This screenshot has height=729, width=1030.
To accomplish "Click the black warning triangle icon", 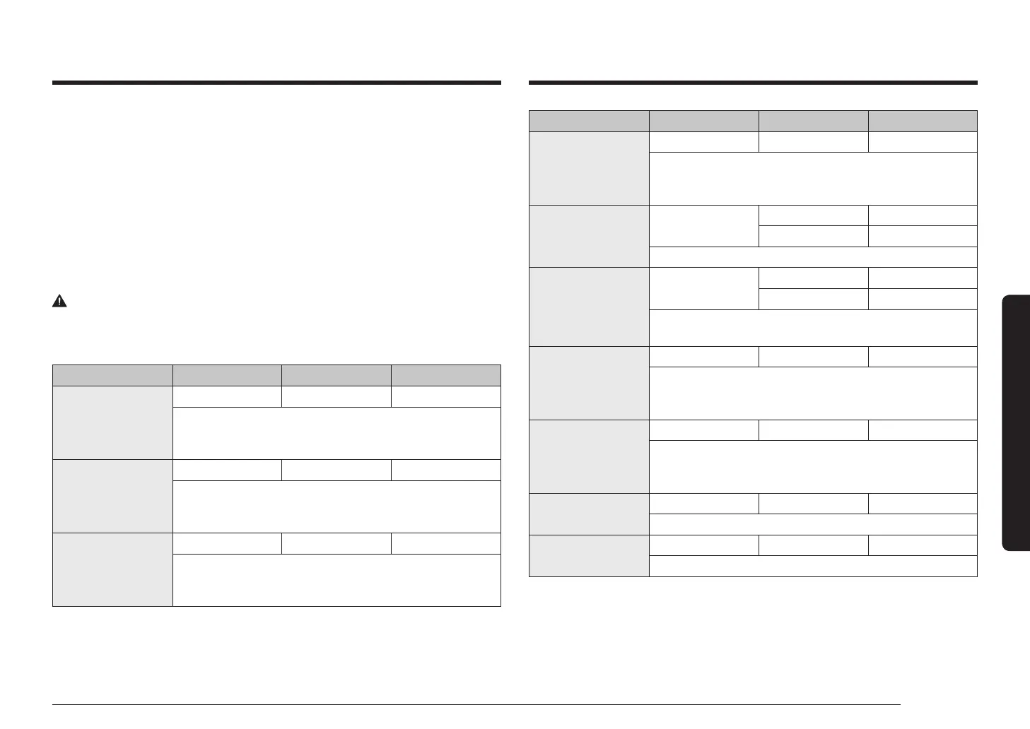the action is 59,301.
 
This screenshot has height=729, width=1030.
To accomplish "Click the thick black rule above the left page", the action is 276,83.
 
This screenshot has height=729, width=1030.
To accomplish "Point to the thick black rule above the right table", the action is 753,83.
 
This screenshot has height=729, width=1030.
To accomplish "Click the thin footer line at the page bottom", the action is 476,704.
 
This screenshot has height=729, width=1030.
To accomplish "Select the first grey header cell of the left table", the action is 112,375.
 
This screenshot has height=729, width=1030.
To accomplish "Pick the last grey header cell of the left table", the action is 446,375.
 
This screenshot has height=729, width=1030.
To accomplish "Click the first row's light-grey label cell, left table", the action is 112,422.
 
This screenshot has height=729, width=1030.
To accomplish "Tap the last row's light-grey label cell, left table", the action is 112,569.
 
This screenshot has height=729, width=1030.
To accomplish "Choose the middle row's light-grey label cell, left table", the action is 112,496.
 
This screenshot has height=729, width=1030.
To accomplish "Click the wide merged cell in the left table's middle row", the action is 336,506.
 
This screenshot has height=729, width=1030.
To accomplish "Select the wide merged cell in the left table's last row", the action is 336,580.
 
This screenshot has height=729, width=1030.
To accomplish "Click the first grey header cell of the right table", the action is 589,121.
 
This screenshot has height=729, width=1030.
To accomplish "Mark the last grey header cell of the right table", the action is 923,121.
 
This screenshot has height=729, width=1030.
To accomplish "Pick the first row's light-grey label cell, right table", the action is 589,168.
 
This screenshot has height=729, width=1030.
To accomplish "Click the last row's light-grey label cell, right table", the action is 589,556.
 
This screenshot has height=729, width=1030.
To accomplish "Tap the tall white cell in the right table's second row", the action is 703,226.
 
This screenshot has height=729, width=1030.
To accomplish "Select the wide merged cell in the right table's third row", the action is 813,328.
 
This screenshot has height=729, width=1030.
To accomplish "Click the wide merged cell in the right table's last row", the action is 813,566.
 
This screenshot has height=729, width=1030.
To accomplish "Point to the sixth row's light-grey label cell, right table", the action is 589,514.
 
